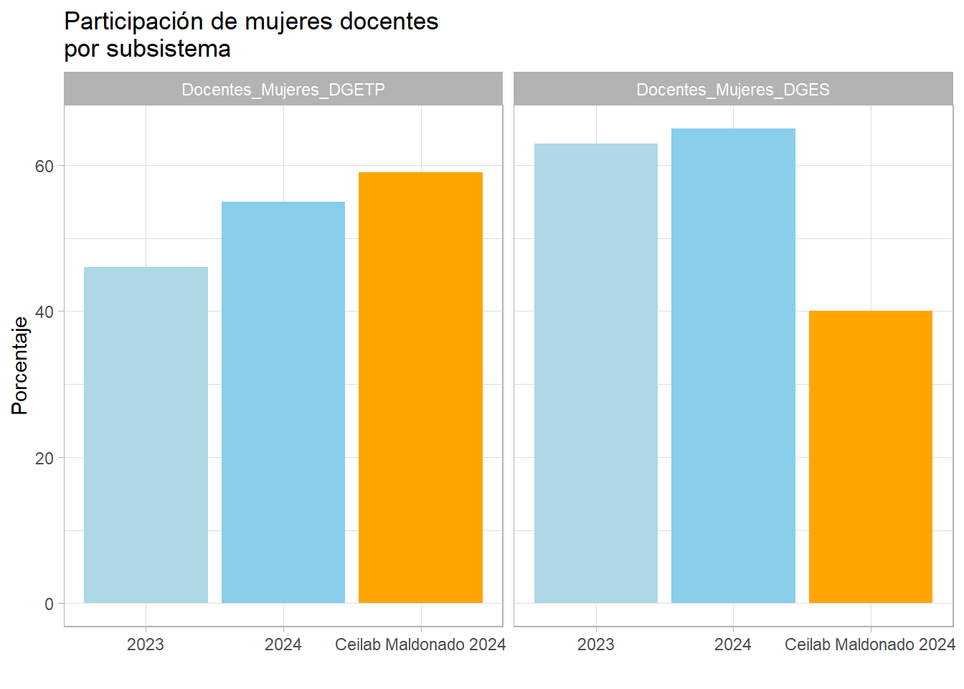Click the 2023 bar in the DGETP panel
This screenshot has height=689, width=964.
(146, 435)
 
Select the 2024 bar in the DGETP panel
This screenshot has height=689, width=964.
(283, 402)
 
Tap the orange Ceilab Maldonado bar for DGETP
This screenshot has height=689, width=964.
(420, 388)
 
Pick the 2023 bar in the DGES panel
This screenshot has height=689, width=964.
(596, 373)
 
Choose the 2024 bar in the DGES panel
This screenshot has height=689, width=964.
(733, 366)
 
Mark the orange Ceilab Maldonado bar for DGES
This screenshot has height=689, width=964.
(871, 456)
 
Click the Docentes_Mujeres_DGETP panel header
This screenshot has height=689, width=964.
(283, 90)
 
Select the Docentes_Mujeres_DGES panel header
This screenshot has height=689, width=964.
(733, 90)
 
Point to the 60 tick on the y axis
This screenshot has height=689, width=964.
(44, 166)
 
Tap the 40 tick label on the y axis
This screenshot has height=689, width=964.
(44, 311)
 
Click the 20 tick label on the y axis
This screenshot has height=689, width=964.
(44, 458)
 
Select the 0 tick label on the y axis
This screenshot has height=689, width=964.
(49, 604)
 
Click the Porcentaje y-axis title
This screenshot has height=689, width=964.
(20, 365)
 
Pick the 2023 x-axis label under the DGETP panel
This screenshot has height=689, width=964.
(146, 645)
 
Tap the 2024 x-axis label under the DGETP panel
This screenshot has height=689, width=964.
(283, 645)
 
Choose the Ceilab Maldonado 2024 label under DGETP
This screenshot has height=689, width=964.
(420, 645)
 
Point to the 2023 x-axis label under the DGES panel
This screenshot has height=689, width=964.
(596, 645)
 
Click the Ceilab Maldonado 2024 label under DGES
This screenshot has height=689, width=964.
(870, 645)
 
